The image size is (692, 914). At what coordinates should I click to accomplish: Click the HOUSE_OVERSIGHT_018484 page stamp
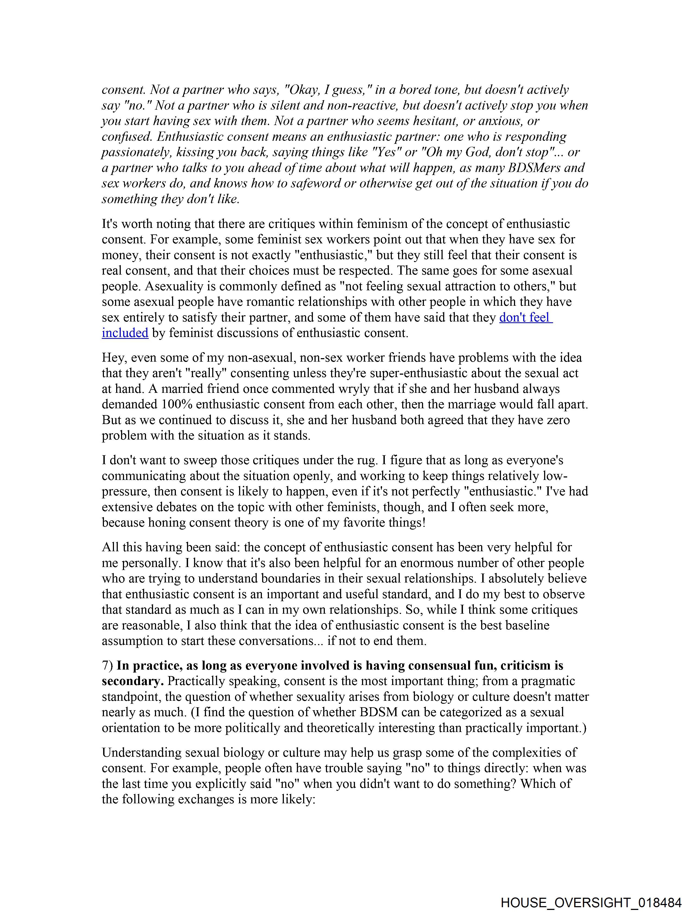point(591,902)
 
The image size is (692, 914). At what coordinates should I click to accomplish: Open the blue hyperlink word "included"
point(125,333)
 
